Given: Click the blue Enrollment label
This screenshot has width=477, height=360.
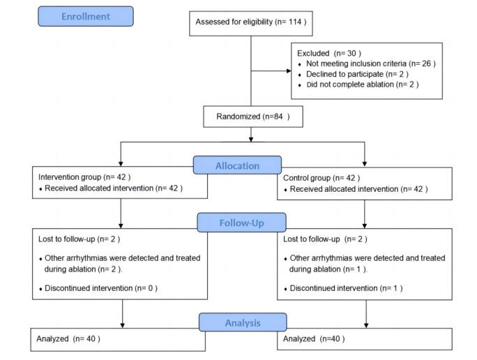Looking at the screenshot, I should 85,16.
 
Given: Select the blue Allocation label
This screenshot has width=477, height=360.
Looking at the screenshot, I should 238,165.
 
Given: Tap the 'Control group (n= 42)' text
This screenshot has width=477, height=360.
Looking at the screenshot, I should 321,178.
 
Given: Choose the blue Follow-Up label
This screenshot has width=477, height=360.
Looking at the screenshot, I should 241,222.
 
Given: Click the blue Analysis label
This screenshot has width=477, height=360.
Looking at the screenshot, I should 242,323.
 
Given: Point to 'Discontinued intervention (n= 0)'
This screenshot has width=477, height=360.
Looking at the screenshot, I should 102,287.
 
